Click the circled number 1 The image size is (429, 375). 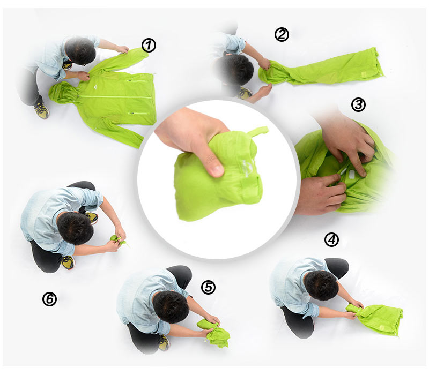tap(149, 46)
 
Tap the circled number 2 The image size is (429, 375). tap(282, 35)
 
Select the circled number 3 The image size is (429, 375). tap(358, 104)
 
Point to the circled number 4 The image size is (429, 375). tap(331, 239)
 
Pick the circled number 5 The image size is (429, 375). tap(208, 287)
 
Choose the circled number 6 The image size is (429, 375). tap(49, 299)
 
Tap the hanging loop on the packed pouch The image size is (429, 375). tap(257, 132)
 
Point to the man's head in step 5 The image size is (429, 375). tap(171, 306)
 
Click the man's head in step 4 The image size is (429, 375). tap(321, 285)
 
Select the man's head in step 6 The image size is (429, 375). tap(75, 228)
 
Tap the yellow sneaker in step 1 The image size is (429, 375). tap(42, 110)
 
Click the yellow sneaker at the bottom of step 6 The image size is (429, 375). tap(68, 262)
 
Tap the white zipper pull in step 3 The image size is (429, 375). tap(342, 171)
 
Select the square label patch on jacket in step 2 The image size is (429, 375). tap(364, 74)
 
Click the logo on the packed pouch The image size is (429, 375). tap(247, 169)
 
